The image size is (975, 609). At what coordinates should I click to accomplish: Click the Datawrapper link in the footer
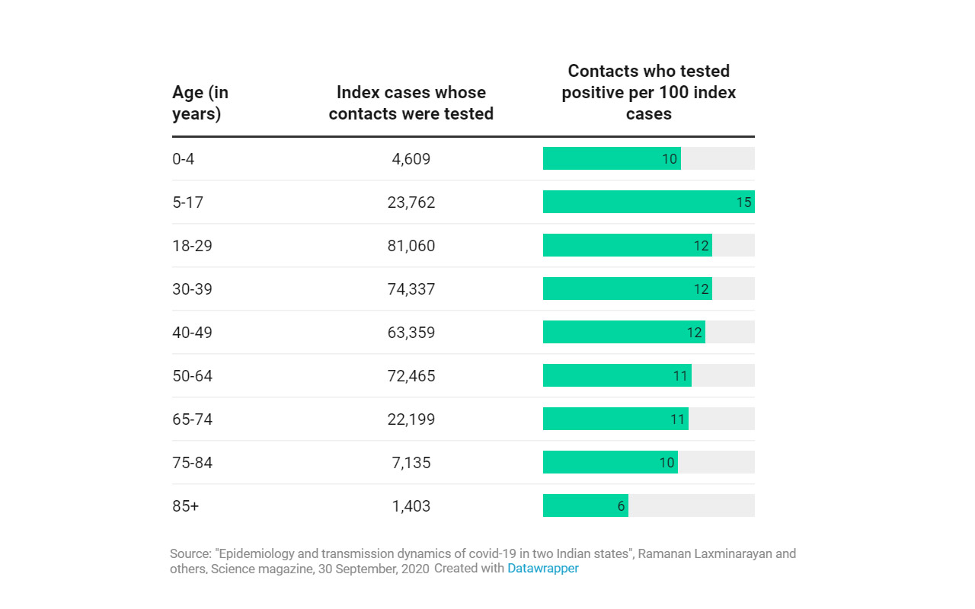pos(543,569)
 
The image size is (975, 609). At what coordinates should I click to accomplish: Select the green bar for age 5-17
pos(640,202)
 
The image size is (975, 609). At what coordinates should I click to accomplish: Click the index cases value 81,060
pos(411,246)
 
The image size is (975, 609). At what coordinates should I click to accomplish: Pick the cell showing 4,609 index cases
pos(411,159)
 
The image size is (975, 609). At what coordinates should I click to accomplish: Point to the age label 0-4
pos(184,159)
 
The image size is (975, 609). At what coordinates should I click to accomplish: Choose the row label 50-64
pos(192,376)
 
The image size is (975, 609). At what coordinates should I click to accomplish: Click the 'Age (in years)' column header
pos(200,103)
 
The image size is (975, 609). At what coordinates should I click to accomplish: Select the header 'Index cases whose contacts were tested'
pos(411,103)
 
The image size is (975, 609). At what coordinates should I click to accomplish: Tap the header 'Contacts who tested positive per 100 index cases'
pos(649,92)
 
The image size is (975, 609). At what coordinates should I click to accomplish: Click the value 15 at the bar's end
pos(744,202)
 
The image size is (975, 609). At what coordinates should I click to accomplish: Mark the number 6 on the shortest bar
pos(622,505)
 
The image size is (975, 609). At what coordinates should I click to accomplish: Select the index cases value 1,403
pos(411,506)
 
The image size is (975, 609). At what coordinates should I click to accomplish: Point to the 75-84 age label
pos(192,463)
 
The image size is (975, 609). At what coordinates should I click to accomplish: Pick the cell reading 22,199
pos(411,419)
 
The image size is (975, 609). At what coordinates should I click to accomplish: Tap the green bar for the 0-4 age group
pos(602,158)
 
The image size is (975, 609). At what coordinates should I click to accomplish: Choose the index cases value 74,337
pos(411,289)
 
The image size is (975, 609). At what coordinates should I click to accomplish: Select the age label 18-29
pos(192,246)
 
